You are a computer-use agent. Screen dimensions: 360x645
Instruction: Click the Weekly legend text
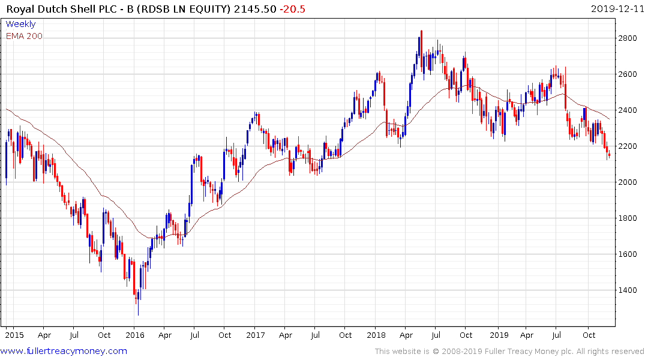coord(20,25)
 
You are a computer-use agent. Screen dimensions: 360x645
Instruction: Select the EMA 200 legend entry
coord(24,36)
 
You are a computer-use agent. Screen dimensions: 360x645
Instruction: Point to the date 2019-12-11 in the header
coord(616,8)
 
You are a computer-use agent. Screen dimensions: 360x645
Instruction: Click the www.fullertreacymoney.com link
coord(64,351)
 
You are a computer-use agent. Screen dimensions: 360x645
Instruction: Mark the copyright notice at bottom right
coord(509,352)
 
